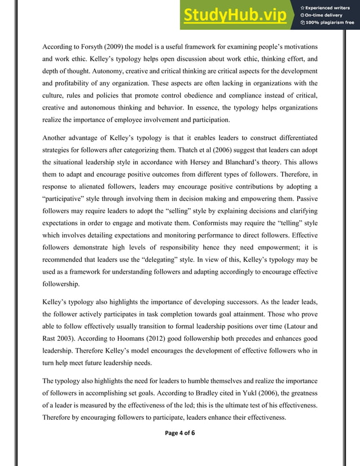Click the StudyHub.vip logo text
tap(237, 15)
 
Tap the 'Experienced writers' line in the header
tap(328, 6)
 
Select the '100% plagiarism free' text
tap(328, 23)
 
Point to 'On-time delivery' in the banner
tap(326, 15)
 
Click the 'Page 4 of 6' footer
tap(180, 433)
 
